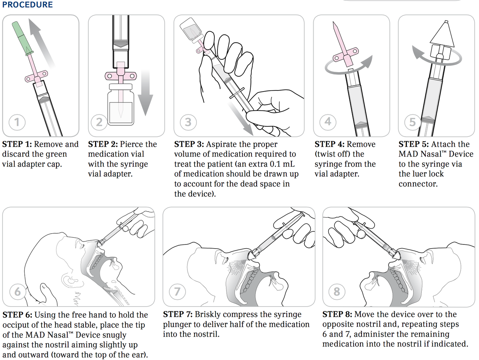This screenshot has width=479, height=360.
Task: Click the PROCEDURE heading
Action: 27,5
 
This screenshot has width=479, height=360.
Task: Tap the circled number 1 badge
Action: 17,122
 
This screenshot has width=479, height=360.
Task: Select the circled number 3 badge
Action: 188,122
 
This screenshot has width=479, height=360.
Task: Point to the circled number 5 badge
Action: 412,122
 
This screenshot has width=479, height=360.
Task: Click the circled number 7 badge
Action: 177,291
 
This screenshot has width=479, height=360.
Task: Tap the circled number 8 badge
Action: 337,291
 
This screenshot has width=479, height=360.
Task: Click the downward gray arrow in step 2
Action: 145,93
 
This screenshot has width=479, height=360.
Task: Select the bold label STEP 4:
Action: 329,144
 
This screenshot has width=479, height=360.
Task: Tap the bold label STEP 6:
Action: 17,315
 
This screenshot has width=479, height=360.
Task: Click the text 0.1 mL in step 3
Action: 282,164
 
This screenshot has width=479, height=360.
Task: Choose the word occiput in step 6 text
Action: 18,325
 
